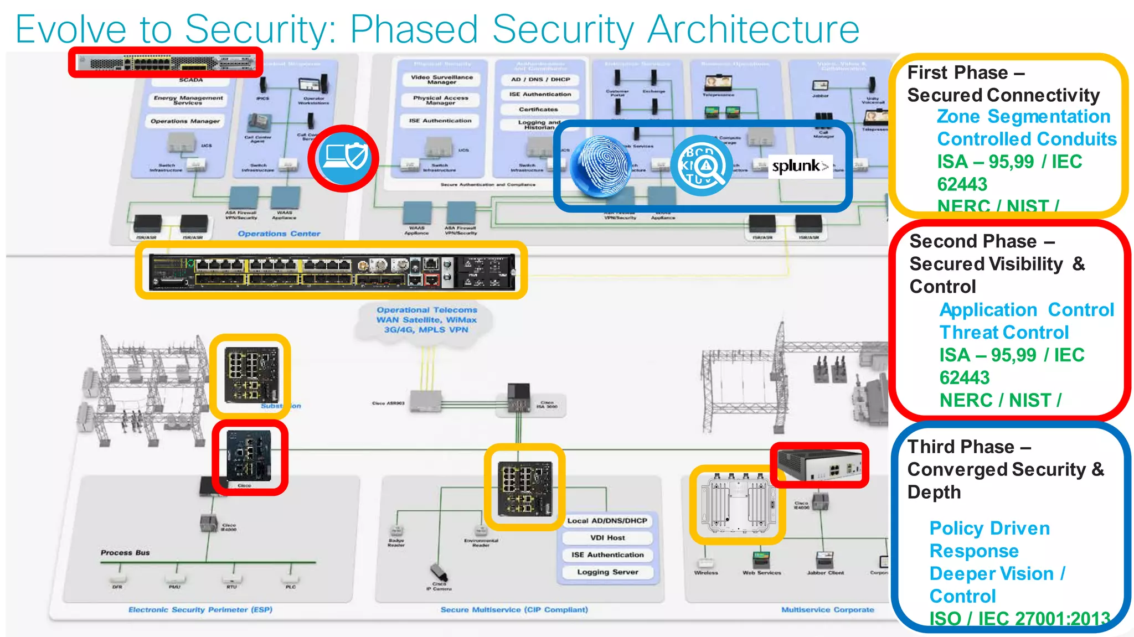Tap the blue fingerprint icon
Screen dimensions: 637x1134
601,166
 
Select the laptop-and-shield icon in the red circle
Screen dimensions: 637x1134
344,158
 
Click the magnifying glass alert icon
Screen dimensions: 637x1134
702,165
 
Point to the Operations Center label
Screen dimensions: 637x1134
279,234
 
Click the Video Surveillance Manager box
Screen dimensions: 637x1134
442,80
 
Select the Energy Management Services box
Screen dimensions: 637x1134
188,100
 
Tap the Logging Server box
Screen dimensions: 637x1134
607,572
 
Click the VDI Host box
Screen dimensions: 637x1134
607,537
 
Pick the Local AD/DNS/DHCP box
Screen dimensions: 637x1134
607,521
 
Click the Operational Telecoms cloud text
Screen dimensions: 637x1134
426,320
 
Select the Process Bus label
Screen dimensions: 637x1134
125,552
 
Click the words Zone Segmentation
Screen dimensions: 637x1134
1023,117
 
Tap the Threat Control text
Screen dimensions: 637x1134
1004,333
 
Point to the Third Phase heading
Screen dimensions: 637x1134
969,447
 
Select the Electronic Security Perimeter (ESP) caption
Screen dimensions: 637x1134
200,609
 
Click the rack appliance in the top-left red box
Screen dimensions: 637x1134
166,63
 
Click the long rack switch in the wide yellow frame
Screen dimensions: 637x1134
331,271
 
